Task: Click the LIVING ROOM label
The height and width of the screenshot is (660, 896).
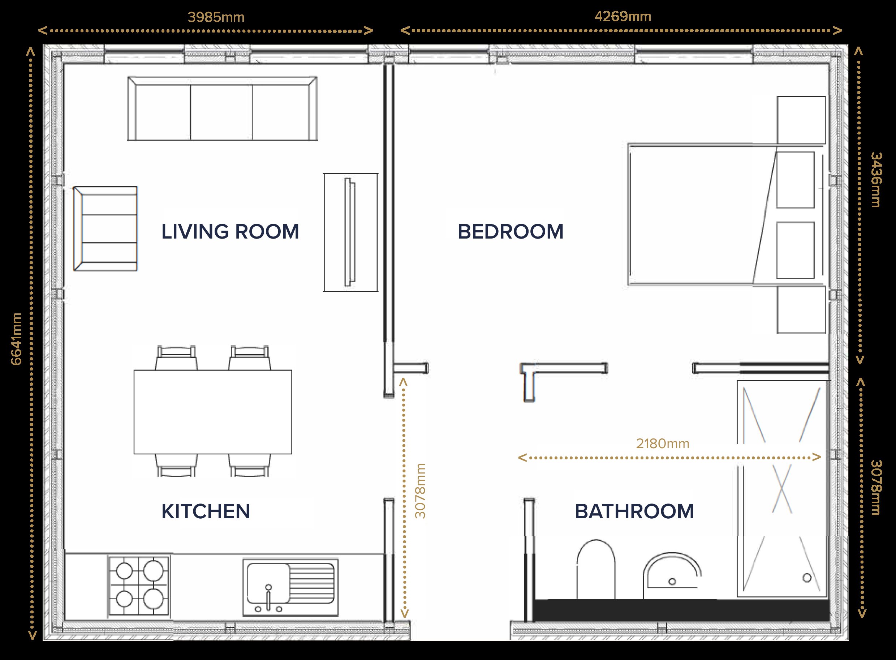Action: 230,231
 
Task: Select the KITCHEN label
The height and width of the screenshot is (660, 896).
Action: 206,511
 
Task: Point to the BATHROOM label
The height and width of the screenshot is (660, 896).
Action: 634,511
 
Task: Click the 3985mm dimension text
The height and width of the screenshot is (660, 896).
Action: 216,17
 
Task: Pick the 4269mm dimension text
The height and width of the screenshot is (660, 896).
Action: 623,16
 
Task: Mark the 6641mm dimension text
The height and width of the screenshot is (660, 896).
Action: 16,339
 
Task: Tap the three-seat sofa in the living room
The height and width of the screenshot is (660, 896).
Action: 223,109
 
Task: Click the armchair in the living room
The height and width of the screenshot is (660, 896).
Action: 105,228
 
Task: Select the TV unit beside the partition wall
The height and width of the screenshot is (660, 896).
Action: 350,232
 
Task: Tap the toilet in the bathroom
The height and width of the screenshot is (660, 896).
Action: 596,569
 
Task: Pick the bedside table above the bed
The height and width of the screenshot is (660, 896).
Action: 801,120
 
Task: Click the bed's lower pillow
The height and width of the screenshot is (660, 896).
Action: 795,250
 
